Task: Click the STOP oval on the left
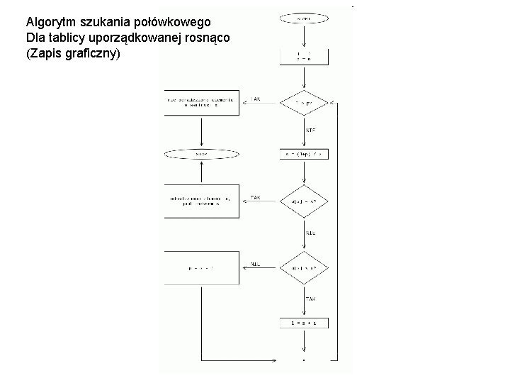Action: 202,154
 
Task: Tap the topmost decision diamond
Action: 305,104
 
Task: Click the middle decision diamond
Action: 305,201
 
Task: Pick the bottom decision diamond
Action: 305,269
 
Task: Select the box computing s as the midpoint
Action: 305,154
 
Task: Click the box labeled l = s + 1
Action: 305,323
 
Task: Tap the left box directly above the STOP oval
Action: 202,103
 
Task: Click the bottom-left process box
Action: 202,269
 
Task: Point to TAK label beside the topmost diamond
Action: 255,99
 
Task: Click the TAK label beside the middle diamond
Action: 255,196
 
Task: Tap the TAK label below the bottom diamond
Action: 310,299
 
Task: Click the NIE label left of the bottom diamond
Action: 256,263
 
